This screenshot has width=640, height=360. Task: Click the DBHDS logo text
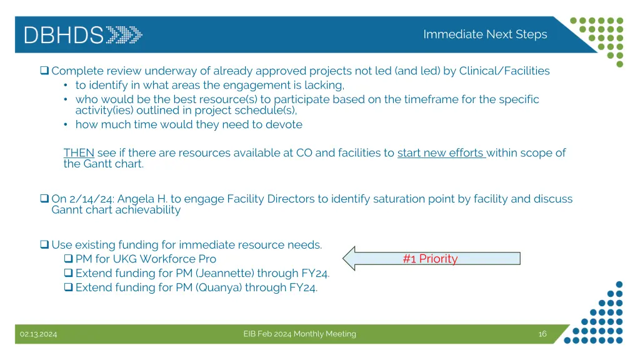pyautogui.click(x=64, y=34)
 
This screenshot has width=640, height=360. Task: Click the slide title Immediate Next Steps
pyautogui.click(x=485, y=34)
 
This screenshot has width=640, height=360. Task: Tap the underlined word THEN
pyautogui.click(x=79, y=152)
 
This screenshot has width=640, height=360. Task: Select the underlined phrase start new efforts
pyautogui.click(x=441, y=152)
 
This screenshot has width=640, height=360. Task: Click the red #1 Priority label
pyautogui.click(x=430, y=259)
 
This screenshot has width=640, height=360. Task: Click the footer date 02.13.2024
pyautogui.click(x=38, y=334)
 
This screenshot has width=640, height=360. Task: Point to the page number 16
pyautogui.click(x=542, y=334)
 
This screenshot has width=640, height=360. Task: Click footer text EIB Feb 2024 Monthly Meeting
pyautogui.click(x=299, y=334)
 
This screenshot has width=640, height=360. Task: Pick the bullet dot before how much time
pyautogui.click(x=66, y=124)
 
